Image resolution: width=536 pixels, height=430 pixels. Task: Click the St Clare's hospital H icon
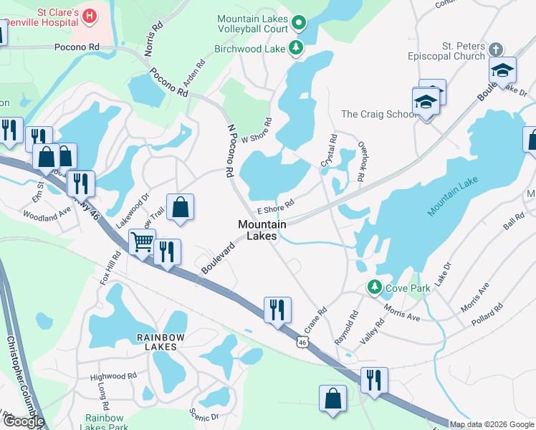90,15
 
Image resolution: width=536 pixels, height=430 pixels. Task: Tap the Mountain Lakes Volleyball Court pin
300,24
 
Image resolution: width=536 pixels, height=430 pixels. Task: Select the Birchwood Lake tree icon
295,49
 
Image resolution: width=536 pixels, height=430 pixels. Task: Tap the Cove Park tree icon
373,287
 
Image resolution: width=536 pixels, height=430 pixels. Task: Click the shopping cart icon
142,242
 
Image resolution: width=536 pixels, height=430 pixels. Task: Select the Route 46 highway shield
302,343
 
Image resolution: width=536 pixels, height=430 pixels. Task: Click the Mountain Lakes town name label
262,230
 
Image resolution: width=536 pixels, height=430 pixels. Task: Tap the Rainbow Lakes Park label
105,423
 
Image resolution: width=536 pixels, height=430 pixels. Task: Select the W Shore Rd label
257,130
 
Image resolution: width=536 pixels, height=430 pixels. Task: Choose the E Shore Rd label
276,207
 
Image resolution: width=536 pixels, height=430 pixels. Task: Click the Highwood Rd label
113,376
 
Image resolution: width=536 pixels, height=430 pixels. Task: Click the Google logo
23,421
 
